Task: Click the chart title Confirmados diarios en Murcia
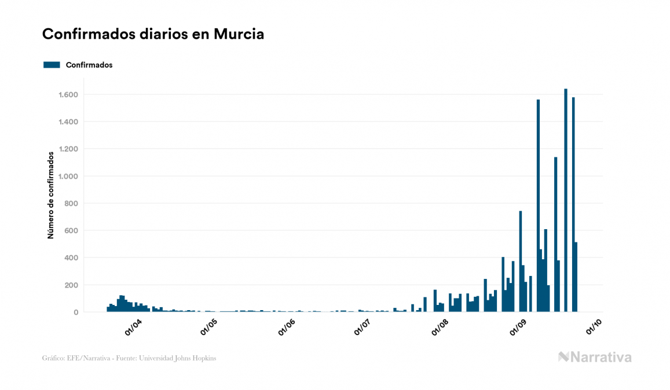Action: pyautogui.click(x=153, y=34)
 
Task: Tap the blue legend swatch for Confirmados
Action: pyautogui.click(x=52, y=65)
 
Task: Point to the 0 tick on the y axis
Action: pyautogui.click(x=76, y=312)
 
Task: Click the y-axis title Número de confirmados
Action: pyautogui.click(x=51, y=195)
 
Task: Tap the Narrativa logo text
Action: pyautogui.click(x=601, y=357)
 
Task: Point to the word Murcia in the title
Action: pyautogui.click(x=239, y=34)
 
